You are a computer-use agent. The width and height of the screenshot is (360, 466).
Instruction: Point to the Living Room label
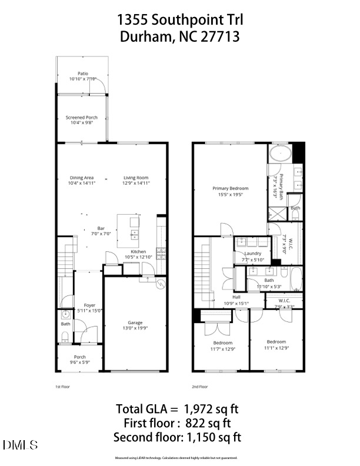[135, 178]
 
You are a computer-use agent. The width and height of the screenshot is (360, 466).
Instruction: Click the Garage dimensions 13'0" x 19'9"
[135, 328]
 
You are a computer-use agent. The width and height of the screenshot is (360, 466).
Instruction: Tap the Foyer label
[89, 305]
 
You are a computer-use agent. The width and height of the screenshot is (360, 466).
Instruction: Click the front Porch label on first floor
[79, 357]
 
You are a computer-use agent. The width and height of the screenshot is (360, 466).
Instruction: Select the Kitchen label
[138, 251]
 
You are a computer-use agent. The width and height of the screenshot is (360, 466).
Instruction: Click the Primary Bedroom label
[230, 189]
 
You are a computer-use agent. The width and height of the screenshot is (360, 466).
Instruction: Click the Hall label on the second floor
[236, 297]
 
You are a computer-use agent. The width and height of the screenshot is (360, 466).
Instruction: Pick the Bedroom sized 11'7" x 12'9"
[222, 343]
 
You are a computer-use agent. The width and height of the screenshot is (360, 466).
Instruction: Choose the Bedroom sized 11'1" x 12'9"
[276, 342]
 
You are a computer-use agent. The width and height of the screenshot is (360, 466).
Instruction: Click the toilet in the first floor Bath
[64, 337]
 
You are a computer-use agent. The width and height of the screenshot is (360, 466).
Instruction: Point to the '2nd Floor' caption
[199, 387]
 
